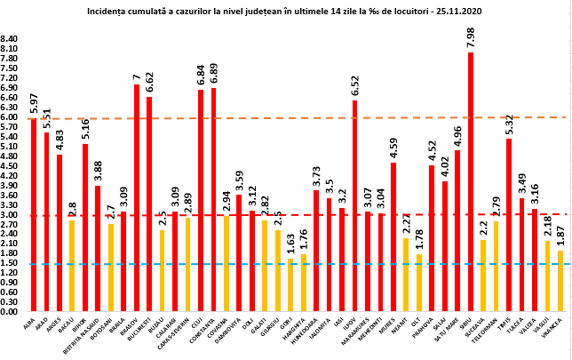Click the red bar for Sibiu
[470, 181]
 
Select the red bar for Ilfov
[354, 205]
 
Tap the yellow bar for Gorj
[290, 284]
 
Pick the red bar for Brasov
[136, 197]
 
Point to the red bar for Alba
[34, 214]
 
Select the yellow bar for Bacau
[72, 266]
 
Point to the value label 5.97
[34, 100]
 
